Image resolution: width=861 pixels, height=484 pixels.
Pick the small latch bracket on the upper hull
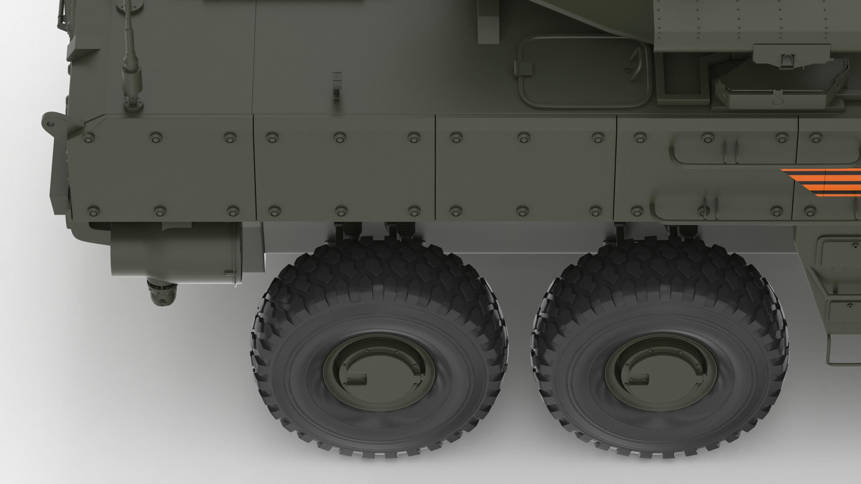(x=336, y=85)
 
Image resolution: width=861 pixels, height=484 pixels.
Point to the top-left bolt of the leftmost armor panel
(x=88, y=139)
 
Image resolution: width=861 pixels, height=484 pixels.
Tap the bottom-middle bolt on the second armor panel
(x=341, y=211)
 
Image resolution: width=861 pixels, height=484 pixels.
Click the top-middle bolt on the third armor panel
(x=523, y=138)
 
